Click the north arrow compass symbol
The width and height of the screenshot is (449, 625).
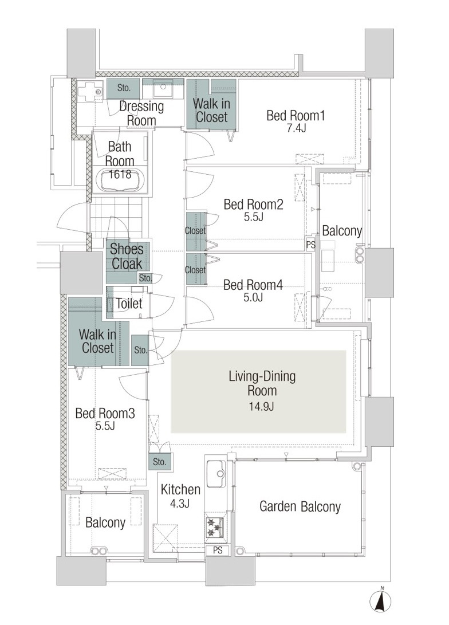point(381,600)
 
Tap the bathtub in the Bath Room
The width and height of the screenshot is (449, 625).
point(120,181)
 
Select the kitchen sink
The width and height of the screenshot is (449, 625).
point(216,474)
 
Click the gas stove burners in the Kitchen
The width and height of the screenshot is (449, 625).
point(214,528)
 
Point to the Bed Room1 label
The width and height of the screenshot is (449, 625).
point(296,116)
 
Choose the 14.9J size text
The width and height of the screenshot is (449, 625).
point(262,407)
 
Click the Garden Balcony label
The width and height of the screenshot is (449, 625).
point(300,506)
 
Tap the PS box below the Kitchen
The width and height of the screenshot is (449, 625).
point(218,551)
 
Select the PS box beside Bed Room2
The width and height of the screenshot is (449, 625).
point(311,244)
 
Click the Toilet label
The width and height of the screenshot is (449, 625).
point(129,303)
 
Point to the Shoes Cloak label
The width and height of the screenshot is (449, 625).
point(127,256)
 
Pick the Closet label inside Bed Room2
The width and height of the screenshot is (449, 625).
point(195,230)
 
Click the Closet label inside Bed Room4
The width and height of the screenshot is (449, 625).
point(195,270)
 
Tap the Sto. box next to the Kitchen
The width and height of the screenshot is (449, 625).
point(160,462)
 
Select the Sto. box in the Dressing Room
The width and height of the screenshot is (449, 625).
point(124,88)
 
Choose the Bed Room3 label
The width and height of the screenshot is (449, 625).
point(105,414)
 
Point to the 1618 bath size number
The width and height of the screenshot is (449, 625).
point(120,174)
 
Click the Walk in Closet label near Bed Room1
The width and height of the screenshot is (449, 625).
point(211,111)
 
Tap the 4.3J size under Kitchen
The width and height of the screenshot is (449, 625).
point(180,504)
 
